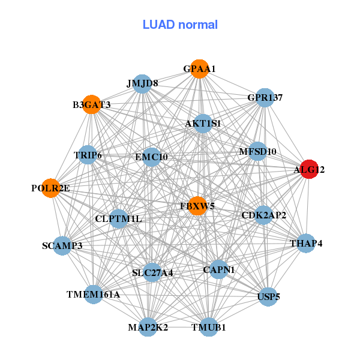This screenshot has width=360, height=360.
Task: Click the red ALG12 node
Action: pos(309,169)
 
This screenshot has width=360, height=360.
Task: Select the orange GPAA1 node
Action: pos(200,69)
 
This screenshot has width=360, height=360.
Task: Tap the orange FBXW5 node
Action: pos(197,206)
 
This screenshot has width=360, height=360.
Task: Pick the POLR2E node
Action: pos(51,188)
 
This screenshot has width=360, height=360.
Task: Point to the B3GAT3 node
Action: pos(92,104)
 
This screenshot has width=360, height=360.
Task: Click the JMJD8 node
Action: pos(142,84)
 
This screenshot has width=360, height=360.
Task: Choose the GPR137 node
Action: pos(265,98)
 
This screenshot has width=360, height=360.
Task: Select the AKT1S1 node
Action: pos(203,124)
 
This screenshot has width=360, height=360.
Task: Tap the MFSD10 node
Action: pos(258,151)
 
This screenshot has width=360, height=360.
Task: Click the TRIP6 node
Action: pos(88,155)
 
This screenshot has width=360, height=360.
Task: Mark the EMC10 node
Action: pos(151,157)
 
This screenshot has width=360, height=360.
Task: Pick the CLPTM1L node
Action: pos(118,218)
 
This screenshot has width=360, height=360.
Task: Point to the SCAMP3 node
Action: pos(62,245)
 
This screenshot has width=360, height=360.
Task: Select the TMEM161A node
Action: pos(93,295)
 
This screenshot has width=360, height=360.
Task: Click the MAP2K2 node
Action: pos(148,327)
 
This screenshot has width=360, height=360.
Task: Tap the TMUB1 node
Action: pos(209,327)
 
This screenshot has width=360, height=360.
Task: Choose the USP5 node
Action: pos(268,296)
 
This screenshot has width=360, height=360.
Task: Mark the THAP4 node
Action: pos(306,243)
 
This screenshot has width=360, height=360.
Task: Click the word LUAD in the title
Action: pos(158,25)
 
